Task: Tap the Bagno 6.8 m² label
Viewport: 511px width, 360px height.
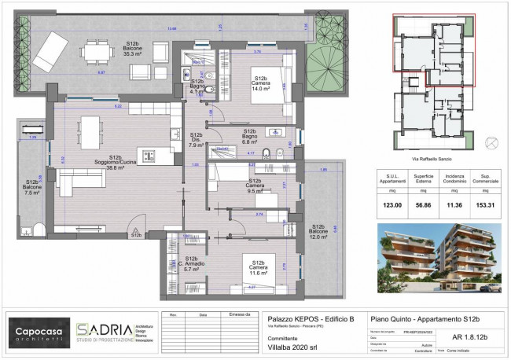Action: [250, 136]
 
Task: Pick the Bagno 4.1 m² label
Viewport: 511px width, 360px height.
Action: [197, 86]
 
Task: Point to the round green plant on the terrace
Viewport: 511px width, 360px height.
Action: [322, 60]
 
